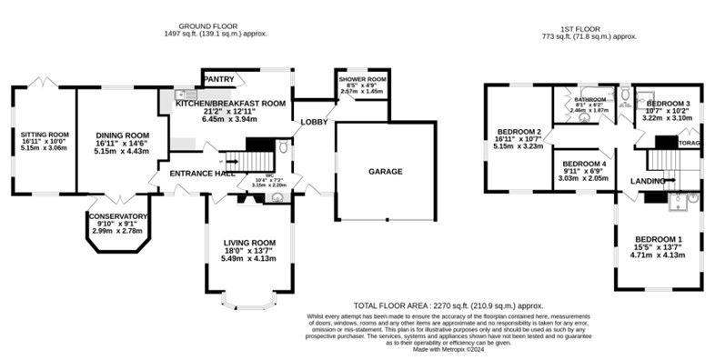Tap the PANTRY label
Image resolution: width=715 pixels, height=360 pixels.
217,80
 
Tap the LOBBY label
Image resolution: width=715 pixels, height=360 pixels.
315,121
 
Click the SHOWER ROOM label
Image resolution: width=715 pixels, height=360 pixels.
362,78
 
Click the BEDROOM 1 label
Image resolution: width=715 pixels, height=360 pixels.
660,239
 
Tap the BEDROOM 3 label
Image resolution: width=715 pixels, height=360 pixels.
668,104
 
